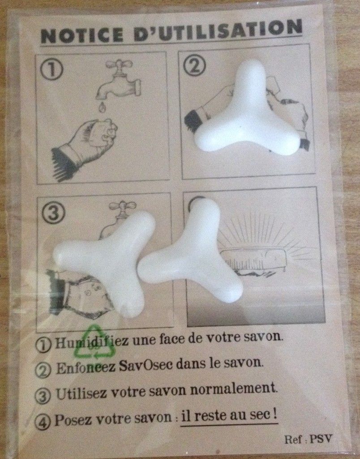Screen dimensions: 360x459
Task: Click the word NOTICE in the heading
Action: pyautogui.click(x=81, y=35)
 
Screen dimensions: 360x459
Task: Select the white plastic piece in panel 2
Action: pyautogui.click(x=248, y=111)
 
